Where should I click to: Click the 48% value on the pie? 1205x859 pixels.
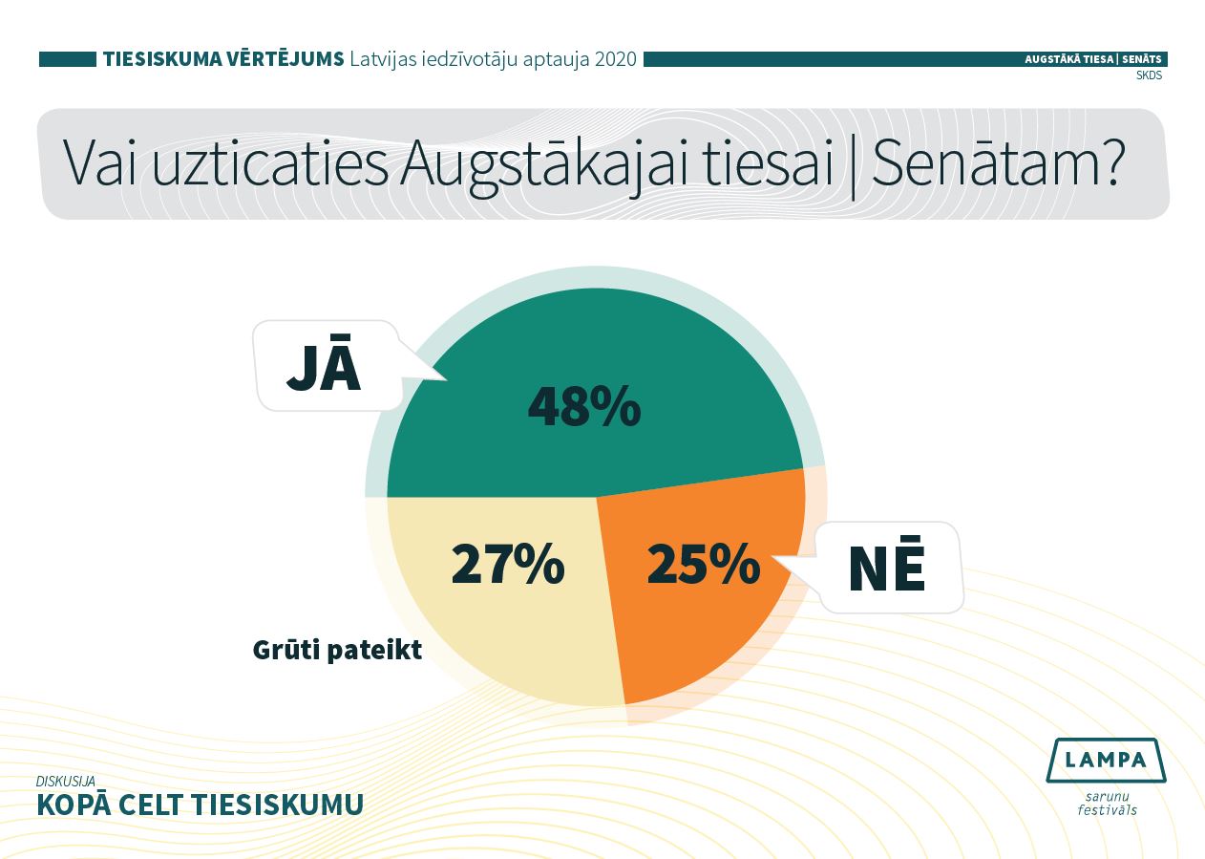[x=584, y=407]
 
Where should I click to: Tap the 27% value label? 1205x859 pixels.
[x=508, y=564]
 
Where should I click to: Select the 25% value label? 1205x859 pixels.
[x=704, y=564]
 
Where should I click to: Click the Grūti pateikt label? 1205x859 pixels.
[x=337, y=651]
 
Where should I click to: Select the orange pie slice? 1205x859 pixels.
[x=705, y=581]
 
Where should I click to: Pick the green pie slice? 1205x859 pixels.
[x=595, y=393]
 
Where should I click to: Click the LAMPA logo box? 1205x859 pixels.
[x=1106, y=760]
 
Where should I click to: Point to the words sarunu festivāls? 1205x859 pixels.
[x=1107, y=803]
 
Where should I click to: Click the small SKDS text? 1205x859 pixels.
[x=1149, y=75]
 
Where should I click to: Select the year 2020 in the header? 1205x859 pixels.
[x=616, y=58]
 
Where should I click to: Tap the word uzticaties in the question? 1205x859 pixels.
[x=270, y=162]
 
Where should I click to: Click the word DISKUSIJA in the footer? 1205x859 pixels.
[x=66, y=781]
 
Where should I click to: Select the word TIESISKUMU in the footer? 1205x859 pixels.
[x=278, y=805]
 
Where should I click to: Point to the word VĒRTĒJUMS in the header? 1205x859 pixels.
[x=284, y=58]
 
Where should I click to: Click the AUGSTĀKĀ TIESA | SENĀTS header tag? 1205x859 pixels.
[x=1092, y=59]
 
